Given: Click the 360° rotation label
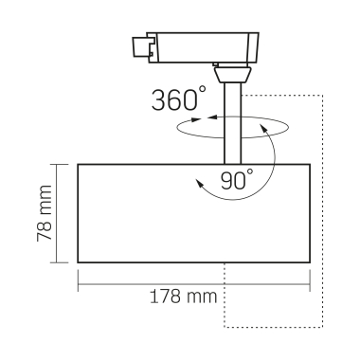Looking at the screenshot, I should point(178,100).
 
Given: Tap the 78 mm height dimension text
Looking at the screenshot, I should point(44,214).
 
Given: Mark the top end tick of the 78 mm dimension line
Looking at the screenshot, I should point(61,164).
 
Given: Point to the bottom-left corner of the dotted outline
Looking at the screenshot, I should point(225,327).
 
